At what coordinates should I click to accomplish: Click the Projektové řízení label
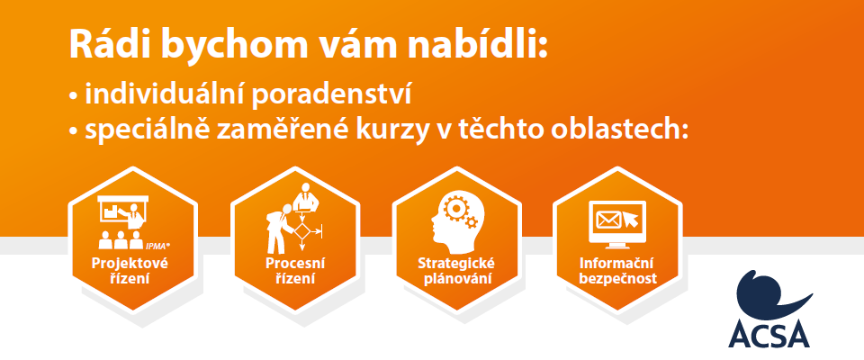pos(130,271)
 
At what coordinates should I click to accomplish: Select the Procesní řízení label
pos(295,271)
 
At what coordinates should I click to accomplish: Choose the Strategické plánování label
pos(455,271)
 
